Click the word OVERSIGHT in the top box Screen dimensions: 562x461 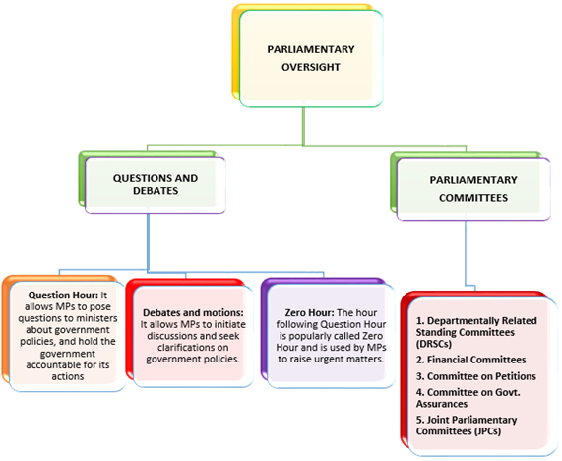[311, 67]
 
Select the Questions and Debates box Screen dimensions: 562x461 [156, 185]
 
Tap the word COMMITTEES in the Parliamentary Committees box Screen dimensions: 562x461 [473, 198]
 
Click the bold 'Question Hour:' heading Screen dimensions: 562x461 [63, 295]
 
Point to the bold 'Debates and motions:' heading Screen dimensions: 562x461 [193, 312]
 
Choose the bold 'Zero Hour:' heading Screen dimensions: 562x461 [309, 312]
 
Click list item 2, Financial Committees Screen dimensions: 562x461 [471, 360]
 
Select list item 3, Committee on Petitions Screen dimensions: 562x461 [476, 376]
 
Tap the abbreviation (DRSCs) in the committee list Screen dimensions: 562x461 [434, 344]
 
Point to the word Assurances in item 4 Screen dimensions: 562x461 [442, 404]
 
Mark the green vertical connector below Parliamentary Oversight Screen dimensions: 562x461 [303, 126]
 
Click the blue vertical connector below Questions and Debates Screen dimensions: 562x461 [148, 241]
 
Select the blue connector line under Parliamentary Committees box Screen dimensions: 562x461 [466, 252]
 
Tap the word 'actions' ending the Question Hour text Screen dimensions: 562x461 [68, 376]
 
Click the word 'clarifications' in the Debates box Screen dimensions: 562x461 [193, 348]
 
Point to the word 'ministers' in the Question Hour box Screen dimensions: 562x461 [97, 318]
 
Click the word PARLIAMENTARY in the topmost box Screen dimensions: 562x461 [311, 49]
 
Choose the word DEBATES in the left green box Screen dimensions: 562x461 [156, 191]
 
